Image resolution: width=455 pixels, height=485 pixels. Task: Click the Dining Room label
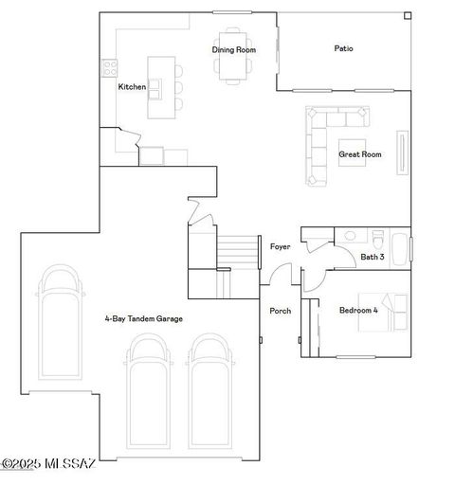pos(233,49)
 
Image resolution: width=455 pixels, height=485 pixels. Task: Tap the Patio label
pos(344,48)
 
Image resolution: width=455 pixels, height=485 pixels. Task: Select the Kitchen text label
pos(132,87)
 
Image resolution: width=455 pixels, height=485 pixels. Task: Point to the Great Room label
pos(360,153)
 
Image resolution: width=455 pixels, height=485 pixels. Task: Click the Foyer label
pos(280,246)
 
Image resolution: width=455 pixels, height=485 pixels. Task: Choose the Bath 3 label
pos(372,257)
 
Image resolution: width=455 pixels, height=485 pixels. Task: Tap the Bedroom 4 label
pos(358,310)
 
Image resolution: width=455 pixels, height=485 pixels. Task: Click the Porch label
pos(281,311)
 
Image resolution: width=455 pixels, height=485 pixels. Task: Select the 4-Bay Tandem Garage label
pos(143,319)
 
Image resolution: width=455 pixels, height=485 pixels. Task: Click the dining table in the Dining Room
pos(232,68)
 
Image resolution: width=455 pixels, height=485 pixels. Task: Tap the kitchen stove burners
pos(109,68)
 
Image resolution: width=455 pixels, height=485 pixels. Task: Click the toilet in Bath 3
pos(377,238)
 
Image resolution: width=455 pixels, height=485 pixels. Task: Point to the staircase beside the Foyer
pos(238,252)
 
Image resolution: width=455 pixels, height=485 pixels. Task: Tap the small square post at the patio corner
pos(407,15)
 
